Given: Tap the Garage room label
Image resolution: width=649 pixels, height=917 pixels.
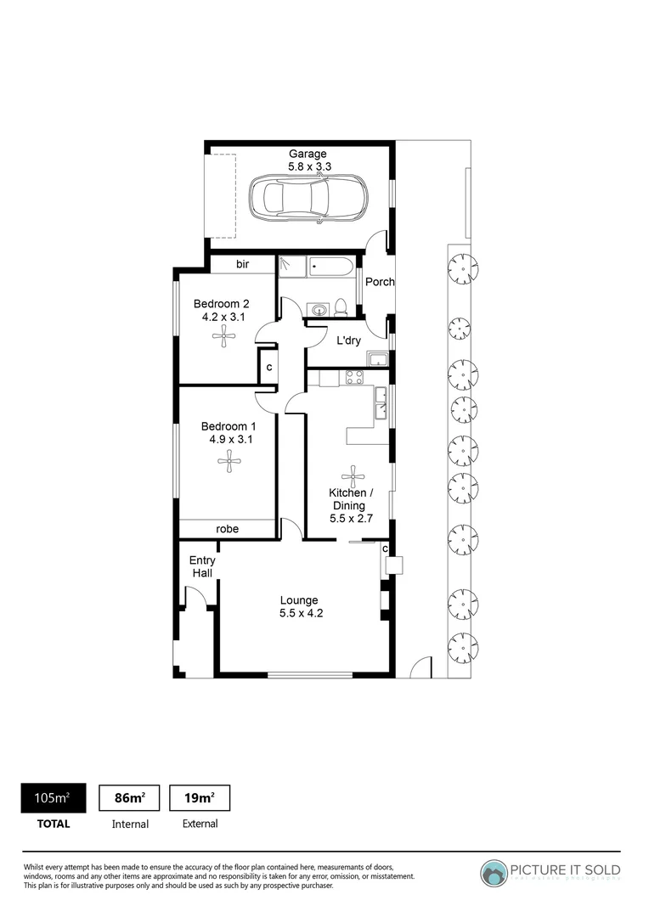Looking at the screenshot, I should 308,154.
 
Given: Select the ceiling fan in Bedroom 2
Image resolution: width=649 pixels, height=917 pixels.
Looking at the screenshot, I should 223,337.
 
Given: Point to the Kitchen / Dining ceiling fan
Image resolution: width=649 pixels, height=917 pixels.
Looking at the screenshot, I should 352,475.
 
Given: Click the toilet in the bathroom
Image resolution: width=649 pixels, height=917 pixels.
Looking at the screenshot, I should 340,307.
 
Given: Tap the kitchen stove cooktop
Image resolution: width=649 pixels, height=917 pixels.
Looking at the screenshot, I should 354,378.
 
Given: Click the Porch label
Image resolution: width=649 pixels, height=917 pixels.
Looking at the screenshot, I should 379,282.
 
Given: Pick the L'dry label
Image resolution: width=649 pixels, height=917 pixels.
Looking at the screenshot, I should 349,340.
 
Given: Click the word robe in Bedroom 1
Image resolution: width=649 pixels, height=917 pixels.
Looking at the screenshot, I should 227,529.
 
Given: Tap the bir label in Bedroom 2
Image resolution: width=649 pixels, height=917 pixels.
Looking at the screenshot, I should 242,265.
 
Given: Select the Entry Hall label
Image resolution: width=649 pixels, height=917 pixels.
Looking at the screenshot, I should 202,566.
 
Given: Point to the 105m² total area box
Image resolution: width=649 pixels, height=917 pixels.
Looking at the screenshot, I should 53,797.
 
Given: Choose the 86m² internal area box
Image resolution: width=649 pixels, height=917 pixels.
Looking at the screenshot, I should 130,797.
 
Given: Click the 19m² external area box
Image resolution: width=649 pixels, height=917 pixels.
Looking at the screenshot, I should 200,797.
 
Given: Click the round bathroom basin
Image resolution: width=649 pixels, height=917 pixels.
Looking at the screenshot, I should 318,309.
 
